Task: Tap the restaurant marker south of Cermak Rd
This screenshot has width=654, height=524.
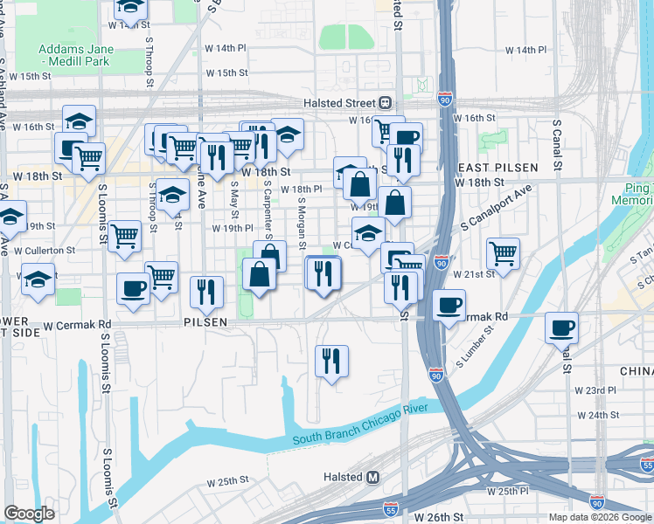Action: (331, 361)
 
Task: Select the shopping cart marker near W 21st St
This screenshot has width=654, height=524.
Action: (503, 253)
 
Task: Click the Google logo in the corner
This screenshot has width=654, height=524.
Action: (29, 514)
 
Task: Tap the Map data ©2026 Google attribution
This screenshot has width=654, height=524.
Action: (600, 517)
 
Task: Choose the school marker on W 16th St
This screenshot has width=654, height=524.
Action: (79, 121)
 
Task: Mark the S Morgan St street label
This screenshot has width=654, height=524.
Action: (300, 222)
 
